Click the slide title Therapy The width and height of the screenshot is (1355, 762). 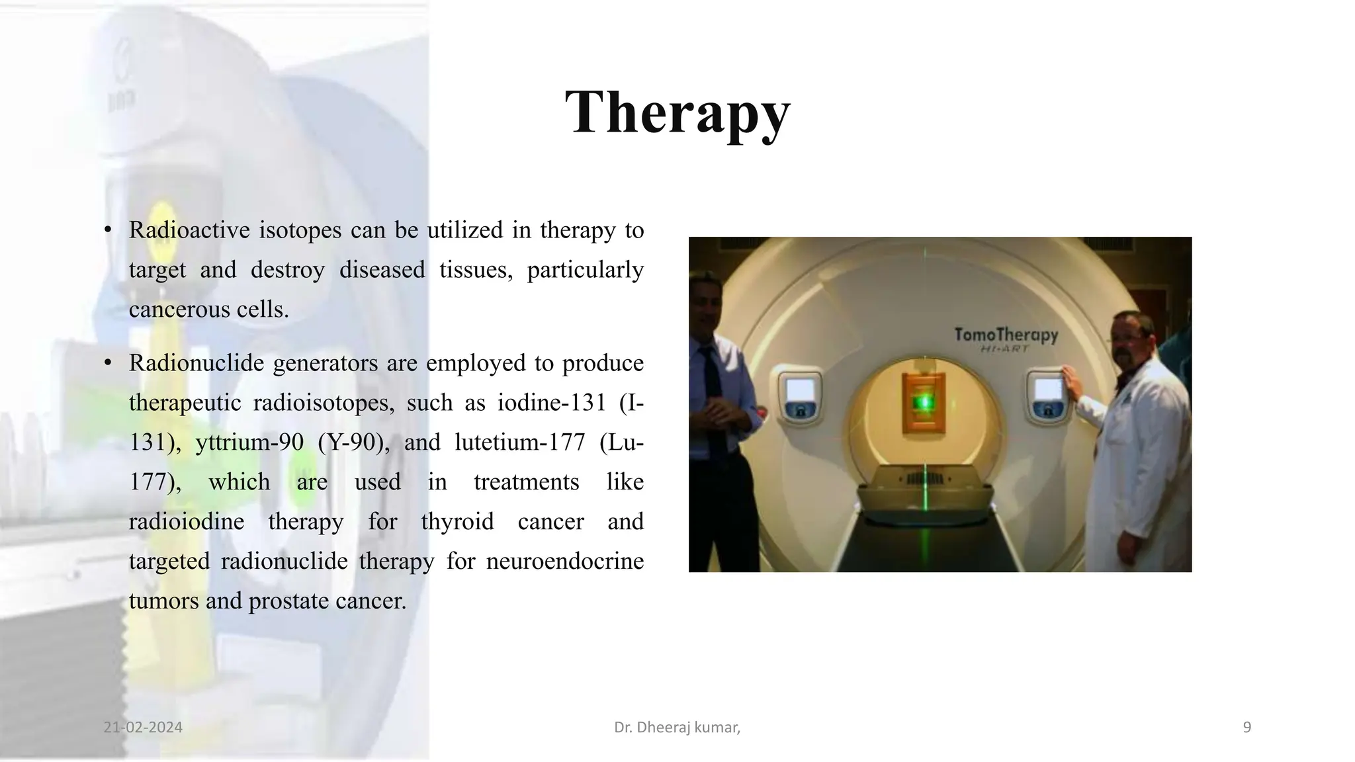(x=677, y=112)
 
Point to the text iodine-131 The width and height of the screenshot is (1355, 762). (x=552, y=403)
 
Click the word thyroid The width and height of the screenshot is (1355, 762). (x=457, y=522)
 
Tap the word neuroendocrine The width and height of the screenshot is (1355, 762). (x=564, y=562)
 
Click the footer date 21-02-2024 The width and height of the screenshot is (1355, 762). (x=143, y=728)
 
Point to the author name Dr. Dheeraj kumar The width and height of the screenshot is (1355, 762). (x=676, y=728)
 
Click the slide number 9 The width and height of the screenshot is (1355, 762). (x=1247, y=728)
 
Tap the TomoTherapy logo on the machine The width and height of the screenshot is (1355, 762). (x=1006, y=336)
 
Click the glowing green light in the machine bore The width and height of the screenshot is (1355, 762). (x=924, y=402)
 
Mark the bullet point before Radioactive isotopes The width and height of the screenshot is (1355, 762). (x=108, y=231)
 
